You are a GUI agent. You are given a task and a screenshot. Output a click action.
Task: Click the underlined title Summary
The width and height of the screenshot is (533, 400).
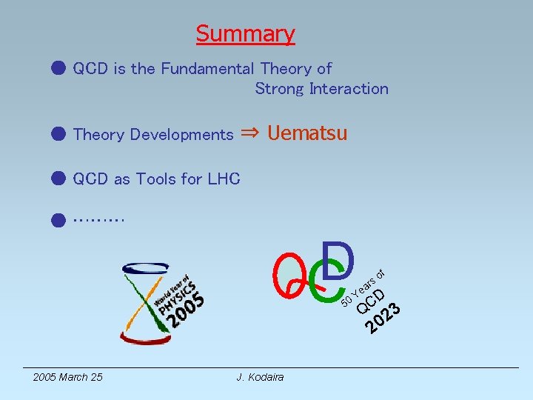coord(245,34)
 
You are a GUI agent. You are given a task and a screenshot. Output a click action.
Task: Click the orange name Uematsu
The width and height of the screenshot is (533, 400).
coord(307,133)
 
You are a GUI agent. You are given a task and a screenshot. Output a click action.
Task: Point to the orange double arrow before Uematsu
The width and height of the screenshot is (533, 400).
coord(250,133)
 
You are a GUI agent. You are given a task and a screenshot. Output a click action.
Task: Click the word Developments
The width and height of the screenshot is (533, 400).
coord(181,135)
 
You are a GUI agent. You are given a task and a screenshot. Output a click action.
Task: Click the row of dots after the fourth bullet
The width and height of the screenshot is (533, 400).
coord(99,218)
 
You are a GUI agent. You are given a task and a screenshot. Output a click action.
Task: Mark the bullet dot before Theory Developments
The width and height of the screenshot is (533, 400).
coord(59,134)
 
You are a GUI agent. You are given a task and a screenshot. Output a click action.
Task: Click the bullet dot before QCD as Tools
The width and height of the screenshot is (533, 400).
coord(59,179)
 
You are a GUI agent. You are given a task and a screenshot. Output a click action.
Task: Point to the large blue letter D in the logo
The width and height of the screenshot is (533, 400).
coord(340,260)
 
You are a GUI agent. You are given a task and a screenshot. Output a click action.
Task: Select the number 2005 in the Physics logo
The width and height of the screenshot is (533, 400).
coord(186,309)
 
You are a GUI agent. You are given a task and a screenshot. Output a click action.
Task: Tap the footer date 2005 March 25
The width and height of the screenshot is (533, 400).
coord(68,378)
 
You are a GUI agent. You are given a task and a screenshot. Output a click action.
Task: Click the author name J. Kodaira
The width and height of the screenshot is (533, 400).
coord(260,378)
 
